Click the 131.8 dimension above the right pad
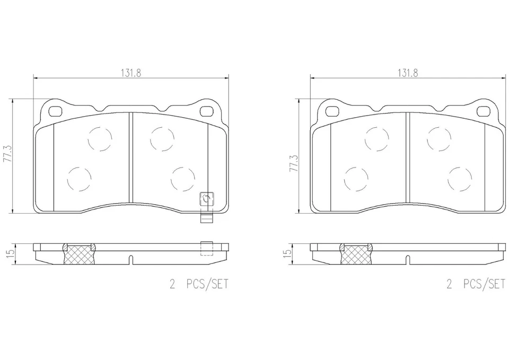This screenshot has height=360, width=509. click(x=408, y=74)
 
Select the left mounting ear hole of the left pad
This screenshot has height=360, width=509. click(x=55, y=111)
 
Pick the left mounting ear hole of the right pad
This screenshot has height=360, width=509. click(x=332, y=111)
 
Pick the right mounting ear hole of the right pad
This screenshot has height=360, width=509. click(x=483, y=111)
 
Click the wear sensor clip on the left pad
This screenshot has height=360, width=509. click(x=206, y=200)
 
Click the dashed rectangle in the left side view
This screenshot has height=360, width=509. click(x=207, y=248)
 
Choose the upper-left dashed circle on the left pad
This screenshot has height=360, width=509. click(x=100, y=139)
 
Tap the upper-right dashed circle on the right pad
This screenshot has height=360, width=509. click(x=438, y=138)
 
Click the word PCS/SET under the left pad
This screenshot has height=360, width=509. click(x=207, y=285)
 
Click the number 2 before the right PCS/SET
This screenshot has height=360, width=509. click(x=449, y=285)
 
